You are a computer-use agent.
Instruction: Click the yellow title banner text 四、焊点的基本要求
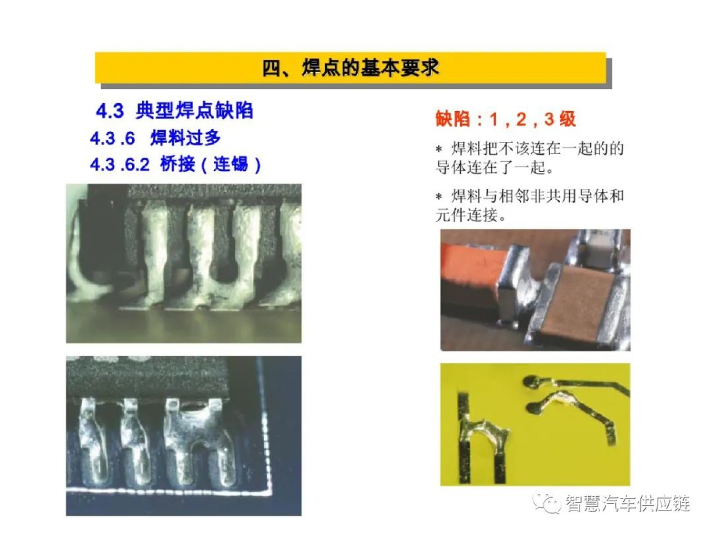(351, 68)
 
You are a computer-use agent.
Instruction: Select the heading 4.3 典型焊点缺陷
(174, 110)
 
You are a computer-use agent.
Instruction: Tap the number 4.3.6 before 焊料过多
(112, 138)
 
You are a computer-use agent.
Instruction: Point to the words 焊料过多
(186, 138)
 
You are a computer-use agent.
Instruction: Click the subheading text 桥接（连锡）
(211, 164)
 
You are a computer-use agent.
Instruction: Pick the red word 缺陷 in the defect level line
(452, 119)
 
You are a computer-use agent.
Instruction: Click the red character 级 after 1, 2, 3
(568, 119)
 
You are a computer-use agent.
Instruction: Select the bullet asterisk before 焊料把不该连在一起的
(439, 149)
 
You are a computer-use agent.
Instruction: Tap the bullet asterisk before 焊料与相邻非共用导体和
(439, 197)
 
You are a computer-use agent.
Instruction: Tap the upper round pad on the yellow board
(530, 382)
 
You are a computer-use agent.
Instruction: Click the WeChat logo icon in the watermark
(547, 503)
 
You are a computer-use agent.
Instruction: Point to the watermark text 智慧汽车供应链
(628, 503)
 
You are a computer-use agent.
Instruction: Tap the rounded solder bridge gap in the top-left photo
(226, 271)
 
